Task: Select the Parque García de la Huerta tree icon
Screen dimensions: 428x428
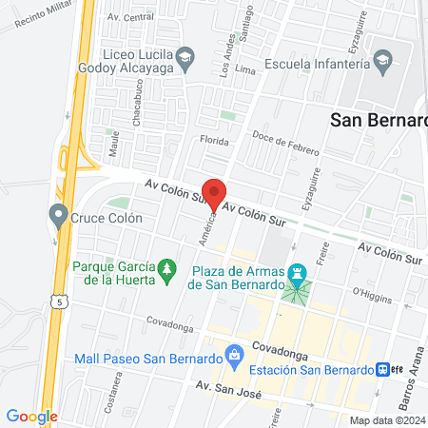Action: (x=167, y=271)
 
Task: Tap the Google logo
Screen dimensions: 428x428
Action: (x=31, y=416)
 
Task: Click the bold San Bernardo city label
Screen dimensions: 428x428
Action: (x=377, y=120)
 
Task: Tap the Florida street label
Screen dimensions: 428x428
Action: (x=213, y=141)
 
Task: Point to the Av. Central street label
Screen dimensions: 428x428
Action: (x=130, y=17)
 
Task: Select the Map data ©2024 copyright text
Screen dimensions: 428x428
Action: (x=386, y=419)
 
